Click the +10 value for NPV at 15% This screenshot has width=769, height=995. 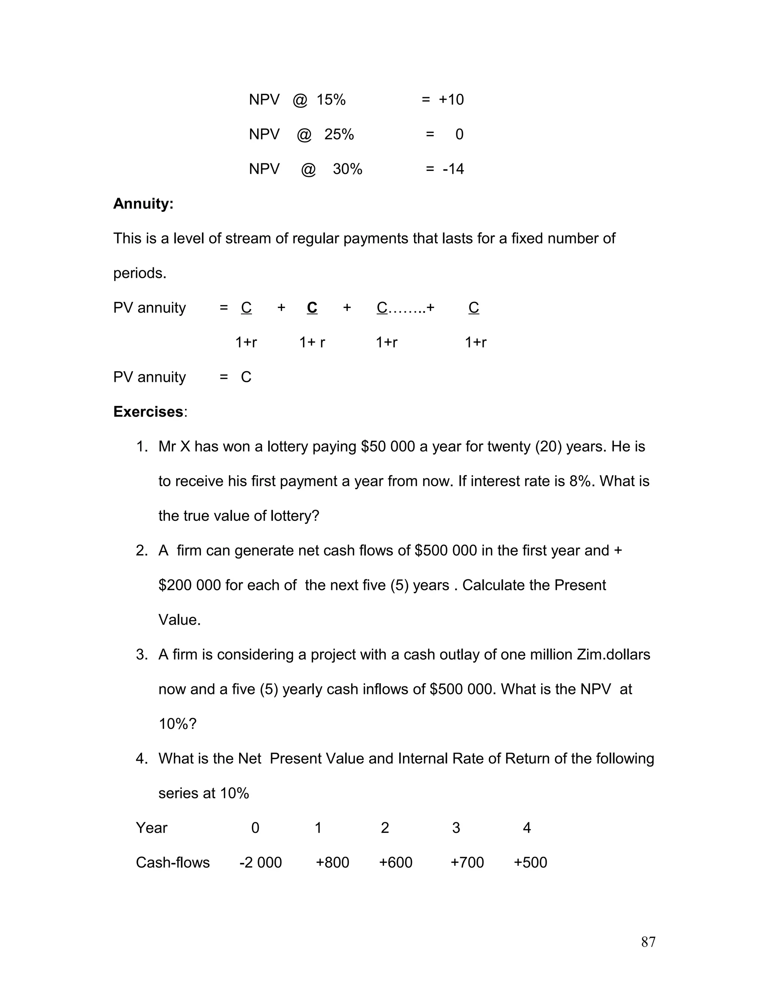pyautogui.click(x=451, y=100)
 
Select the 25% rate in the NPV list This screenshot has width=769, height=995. pyautogui.click(x=339, y=134)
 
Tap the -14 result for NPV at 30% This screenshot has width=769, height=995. pyautogui.click(x=453, y=169)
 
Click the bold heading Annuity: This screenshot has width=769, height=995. pyautogui.click(x=143, y=204)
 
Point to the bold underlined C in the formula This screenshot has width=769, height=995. pyautogui.click(x=312, y=308)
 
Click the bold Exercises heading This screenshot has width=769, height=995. pyautogui.click(x=148, y=412)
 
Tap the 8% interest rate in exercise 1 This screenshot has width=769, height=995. pyautogui.click(x=580, y=481)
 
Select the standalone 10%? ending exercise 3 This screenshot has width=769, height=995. pyautogui.click(x=177, y=724)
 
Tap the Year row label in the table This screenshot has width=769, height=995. pyautogui.click(x=152, y=828)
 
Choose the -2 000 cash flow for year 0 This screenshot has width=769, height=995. pyautogui.click(x=261, y=862)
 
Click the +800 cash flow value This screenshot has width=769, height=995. pyautogui.click(x=333, y=862)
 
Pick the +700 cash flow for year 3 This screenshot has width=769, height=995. pyautogui.click(x=467, y=862)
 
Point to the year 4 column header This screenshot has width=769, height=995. pyautogui.click(x=527, y=828)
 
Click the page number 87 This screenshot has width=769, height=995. pyautogui.click(x=648, y=942)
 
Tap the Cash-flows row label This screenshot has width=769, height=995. pyautogui.click(x=173, y=862)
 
